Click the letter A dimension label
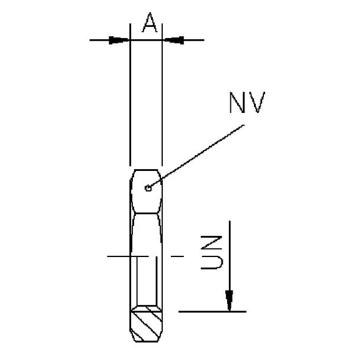(x=148, y=23)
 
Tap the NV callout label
(x=247, y=104)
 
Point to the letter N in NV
(x=238, y=104)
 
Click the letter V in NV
(x=256, y=104)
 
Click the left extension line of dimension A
(x=130, y=94)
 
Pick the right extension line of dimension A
(x=163, y=94)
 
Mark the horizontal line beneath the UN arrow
(x=212, y=311)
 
